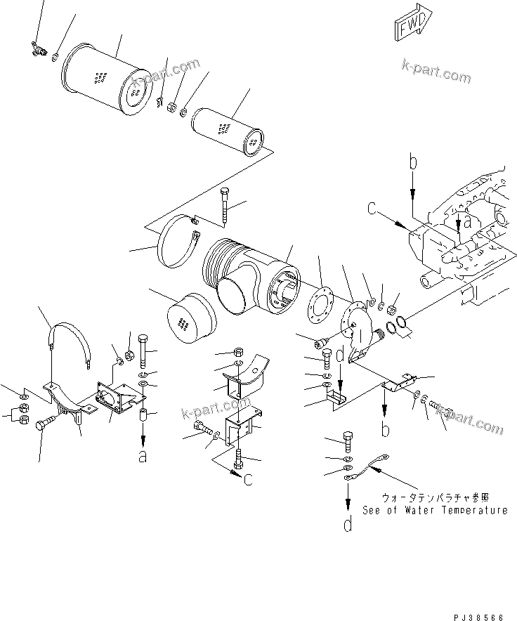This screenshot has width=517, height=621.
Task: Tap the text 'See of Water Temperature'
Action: (x=435, y=510)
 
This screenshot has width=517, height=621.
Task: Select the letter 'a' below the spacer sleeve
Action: (x=143, y=457)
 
